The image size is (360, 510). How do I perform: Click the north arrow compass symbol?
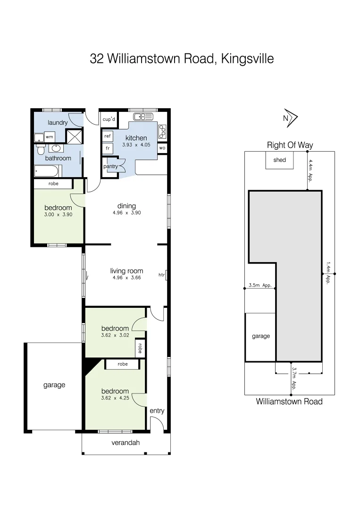coord(289,118)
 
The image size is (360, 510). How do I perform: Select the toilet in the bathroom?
coord(41,150)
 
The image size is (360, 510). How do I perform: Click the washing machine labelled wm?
coord(50,137)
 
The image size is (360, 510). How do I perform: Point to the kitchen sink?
coord(143,117)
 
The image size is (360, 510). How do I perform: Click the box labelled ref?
coord(108,136)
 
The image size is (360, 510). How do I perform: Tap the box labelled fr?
coord(108,148)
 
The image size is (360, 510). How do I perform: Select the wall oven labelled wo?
coord(162,148)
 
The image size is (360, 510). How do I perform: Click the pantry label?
coord(110,166)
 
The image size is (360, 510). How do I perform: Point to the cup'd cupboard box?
coord(109,119)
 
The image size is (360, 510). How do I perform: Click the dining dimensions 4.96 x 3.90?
coord(126,212)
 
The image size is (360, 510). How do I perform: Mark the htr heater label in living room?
coord(161,275)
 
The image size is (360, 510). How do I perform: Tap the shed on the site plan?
coord(279,160)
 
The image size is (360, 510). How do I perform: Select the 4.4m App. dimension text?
coord(310,170)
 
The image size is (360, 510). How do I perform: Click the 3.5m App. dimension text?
coord(260,285)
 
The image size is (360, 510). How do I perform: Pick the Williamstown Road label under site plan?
coord(289,401)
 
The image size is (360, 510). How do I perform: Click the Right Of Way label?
coord(290,145)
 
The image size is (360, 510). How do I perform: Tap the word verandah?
coord(126,442)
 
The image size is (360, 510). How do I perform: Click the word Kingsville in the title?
coord(246,59)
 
